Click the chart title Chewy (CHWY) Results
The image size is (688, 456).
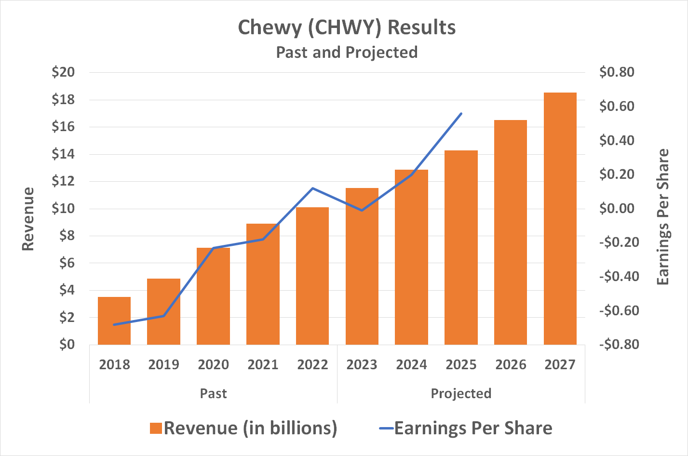[347, 27]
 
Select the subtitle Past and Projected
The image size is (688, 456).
[347, 52]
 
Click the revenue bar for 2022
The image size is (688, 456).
[312, 276]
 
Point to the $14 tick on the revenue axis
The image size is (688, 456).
[63, 155]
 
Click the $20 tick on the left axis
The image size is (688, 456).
[63, 73]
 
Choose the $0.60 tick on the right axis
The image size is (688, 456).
[617, 107]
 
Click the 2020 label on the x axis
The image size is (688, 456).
[213, 364]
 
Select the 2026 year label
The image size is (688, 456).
[511, 364]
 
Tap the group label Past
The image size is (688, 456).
[213, 393]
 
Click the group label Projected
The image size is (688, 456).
[461, 393]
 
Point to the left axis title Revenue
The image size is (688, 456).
[28, 219]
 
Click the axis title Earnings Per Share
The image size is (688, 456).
[663, 217]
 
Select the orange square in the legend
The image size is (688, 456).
[156, 428]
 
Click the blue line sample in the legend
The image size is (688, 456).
[386, 428]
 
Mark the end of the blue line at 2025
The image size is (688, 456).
[461, 114]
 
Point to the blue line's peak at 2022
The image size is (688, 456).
[312, 188]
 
